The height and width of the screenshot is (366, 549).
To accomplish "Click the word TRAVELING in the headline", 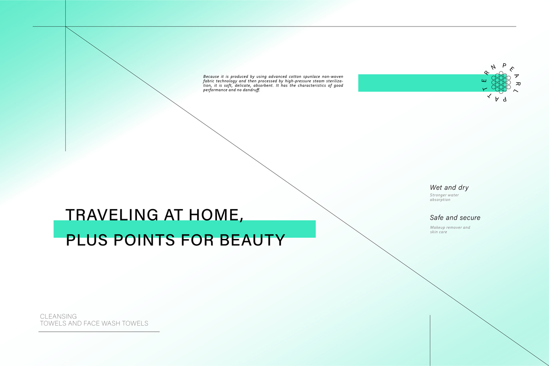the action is pos(112,215).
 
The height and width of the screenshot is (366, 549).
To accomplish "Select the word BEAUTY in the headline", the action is pos(252,240).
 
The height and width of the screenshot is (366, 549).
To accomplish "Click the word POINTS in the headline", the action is pos(144,240).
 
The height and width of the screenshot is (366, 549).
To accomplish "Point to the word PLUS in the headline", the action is pos(87,240).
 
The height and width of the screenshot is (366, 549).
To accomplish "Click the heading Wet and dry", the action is pos(449,188).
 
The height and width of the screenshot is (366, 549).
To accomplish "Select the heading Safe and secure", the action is pos(455,217).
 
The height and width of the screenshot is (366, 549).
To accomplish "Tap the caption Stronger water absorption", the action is pos(444,197).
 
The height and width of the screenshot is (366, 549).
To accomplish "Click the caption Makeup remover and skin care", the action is pos(450,230).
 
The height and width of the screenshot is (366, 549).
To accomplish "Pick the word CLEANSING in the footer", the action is pos(59,316).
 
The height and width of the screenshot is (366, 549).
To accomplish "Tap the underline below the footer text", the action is pos(99,332).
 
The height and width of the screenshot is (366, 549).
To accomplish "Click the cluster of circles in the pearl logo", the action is pos(501,82).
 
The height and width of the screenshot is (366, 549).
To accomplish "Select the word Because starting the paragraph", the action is pos(211,76).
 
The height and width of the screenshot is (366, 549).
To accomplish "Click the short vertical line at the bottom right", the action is pos(430,340).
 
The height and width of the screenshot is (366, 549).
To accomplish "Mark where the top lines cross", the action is pos(65,27).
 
